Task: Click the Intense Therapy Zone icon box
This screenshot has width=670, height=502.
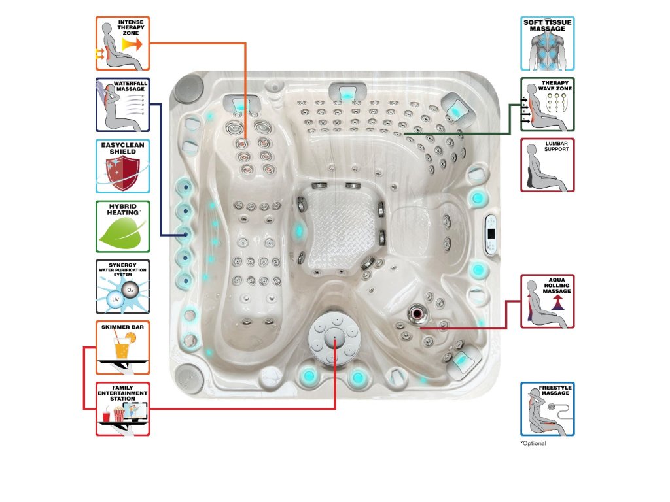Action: [x=122, y=43]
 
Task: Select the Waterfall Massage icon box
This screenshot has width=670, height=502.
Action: [x=122, y=105]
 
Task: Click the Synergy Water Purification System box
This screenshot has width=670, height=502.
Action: [x=122, y=287]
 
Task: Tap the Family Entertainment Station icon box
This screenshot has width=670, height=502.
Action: [x=122, y=409]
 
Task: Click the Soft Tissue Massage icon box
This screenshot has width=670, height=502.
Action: [x=548, y=43]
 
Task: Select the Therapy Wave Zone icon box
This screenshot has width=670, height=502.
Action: [x=548, y=105]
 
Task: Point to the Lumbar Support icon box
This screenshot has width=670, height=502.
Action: [x=548, y=164]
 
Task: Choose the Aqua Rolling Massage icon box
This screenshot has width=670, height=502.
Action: [x=548, y=301]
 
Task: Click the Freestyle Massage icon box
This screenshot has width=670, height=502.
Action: [x=548, y=409]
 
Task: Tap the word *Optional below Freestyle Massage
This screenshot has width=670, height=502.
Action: [x=533, y=444]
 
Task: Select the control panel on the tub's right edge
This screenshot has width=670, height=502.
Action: [x=491, y=235]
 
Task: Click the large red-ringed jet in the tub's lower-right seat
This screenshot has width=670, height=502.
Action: [x=416, y=313]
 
